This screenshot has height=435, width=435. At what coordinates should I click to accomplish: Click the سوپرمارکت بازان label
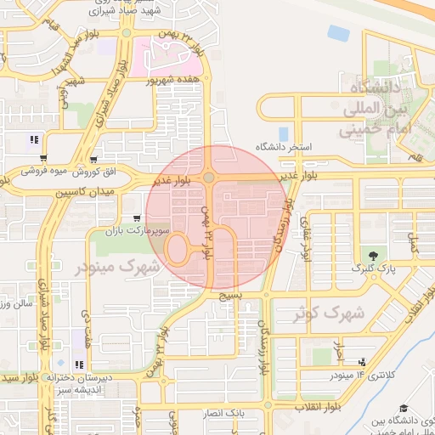coord(137,230)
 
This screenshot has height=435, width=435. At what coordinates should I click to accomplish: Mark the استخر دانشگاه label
coord(287,148)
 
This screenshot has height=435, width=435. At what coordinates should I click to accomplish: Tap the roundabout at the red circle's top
coord(209,178)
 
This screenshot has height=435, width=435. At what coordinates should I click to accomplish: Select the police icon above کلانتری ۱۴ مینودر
coord(364,362)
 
